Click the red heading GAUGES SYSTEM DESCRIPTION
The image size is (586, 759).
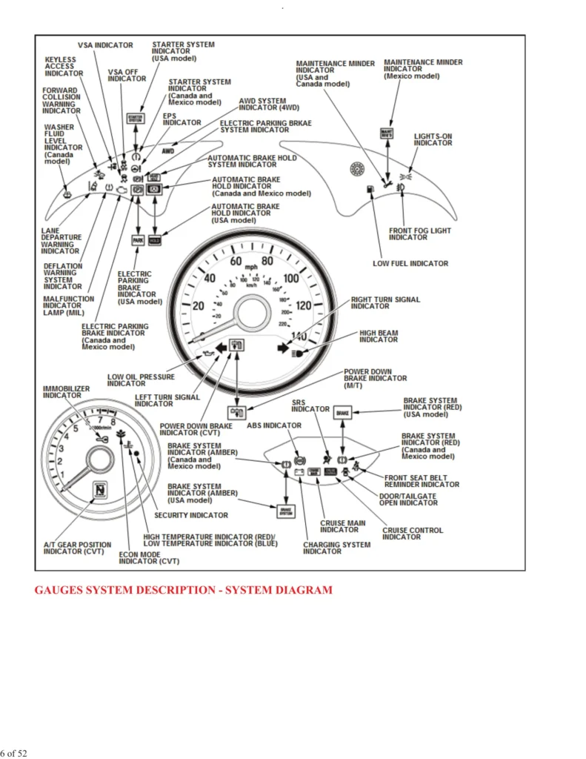(x=183, y=590)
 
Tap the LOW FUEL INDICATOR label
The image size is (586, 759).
(x=410, y=263)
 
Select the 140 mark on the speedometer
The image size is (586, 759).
(x=299, y=337)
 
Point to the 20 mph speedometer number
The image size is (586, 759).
(x=199, y=306)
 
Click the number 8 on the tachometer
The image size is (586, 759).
(x=113, y=422)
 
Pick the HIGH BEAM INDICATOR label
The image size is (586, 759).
(x=378, y=337)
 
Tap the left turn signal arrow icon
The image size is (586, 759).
(x=220, y=347)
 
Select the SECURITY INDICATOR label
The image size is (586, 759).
(x=191, y=515)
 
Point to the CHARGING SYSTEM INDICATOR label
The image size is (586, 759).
(x=336, y=548)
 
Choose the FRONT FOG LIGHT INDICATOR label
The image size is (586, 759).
(x=419, y=233)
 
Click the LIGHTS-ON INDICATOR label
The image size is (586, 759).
(x=433, y=139)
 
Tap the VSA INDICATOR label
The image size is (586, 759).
(x=105, y=45)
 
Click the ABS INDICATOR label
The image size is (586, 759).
(x=274, y=425)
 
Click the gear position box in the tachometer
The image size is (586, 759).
(x=98, y=491)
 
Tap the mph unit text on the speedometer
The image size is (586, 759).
(x=252, y=265)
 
